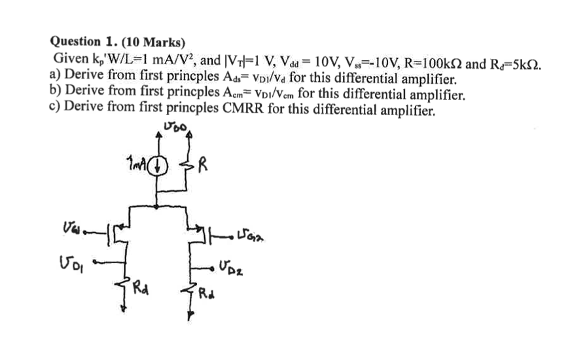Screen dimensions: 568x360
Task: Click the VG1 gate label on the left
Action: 70,229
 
